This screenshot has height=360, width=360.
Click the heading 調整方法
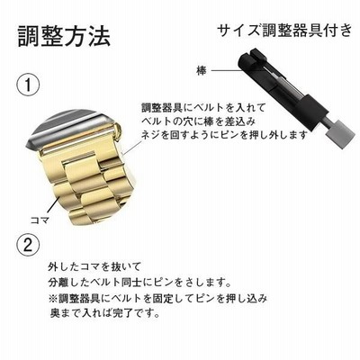coord(64,37)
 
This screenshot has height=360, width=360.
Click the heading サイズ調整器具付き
coord(283,31)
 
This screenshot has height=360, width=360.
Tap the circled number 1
coord(28,85)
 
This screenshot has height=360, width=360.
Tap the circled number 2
coord(28,246)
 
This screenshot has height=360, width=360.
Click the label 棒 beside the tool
coord(202,71)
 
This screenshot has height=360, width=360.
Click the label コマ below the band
coord(40,220)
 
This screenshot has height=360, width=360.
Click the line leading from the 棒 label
coord(227,71)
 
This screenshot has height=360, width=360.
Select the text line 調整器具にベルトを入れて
coord(203,107)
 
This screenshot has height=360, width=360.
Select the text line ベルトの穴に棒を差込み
coord(199,121)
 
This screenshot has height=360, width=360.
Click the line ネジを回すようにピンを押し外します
coord(225,135)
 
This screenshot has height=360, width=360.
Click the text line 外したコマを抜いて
coord(94,266)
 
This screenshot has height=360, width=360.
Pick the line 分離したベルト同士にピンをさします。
coord(139,283)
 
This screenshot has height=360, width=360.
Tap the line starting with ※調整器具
coord(157,298)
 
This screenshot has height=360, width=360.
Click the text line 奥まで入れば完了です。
coord(104,313)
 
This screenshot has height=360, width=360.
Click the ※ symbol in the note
coord(53,299)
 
